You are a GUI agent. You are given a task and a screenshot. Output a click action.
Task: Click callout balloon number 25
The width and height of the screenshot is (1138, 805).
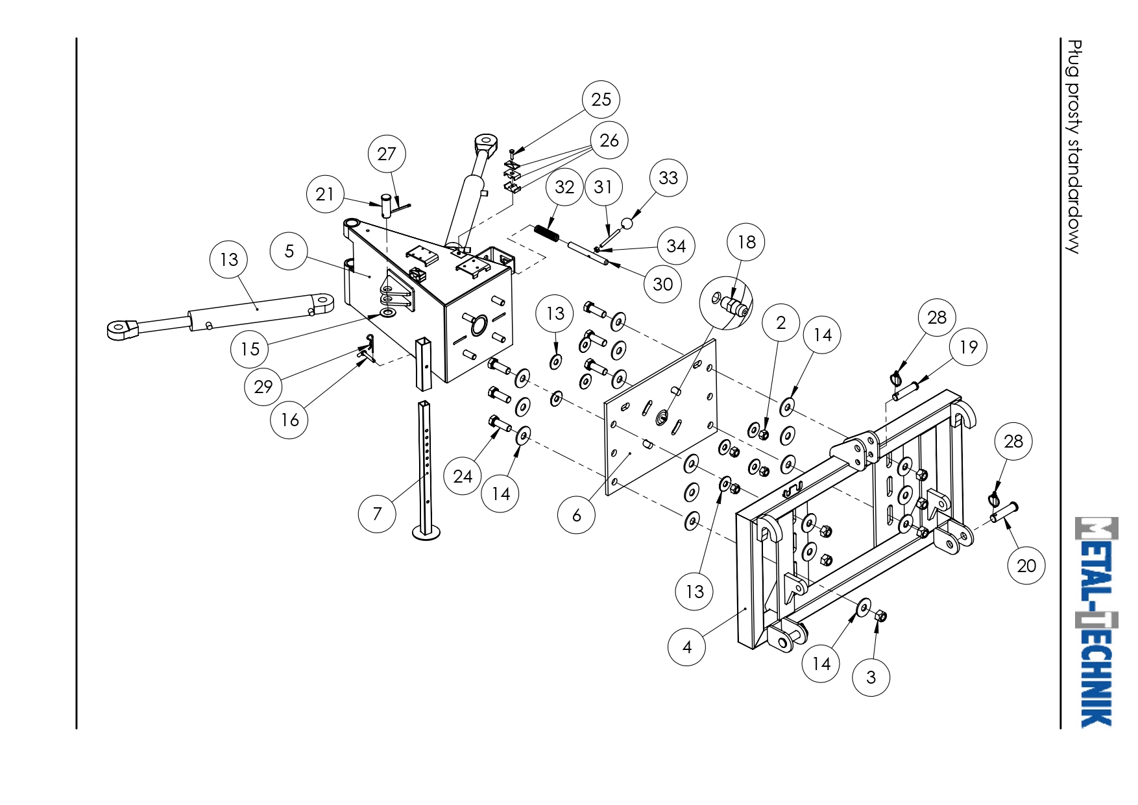coord(601,99)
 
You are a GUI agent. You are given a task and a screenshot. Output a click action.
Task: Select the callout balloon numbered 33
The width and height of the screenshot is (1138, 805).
coord(668,178)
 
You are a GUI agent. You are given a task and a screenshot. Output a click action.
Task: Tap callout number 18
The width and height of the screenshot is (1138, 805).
coord(746,242)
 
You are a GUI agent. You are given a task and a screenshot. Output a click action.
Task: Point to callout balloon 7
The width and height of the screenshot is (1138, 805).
coord(377,514)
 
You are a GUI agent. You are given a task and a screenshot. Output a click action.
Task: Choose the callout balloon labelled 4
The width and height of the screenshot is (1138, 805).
coord(687,647)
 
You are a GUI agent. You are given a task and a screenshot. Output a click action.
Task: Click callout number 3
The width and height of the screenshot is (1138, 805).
coord(871,677)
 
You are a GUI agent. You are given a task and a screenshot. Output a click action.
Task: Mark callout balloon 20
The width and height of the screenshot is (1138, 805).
coord(1026,566)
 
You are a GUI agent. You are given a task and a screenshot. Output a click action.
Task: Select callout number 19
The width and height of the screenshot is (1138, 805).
coord(968,347)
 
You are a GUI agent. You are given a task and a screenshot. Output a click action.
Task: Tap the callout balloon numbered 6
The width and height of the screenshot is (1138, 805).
coord(576,515)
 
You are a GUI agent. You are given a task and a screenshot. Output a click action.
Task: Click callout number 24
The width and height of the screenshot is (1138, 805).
coord(463,476)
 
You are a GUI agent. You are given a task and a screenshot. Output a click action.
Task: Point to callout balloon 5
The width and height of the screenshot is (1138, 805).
coord(289,251)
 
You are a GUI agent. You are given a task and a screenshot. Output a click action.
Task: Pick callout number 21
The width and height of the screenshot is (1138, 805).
coord(325,194)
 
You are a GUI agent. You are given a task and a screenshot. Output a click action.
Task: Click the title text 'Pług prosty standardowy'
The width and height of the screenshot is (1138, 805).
coord(1074,147)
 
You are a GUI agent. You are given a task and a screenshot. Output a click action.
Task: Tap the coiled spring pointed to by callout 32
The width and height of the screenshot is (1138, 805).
coord(546,232)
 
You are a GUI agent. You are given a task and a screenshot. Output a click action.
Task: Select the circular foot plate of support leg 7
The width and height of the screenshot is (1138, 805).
coord(426,533)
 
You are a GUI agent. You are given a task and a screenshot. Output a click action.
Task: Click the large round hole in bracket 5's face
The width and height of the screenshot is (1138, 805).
coord(479,325)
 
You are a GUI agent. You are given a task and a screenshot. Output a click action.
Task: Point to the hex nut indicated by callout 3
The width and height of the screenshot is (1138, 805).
coord(880,616)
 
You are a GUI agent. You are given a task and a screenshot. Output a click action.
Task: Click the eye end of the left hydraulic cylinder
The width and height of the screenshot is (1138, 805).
coord(121,330)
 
